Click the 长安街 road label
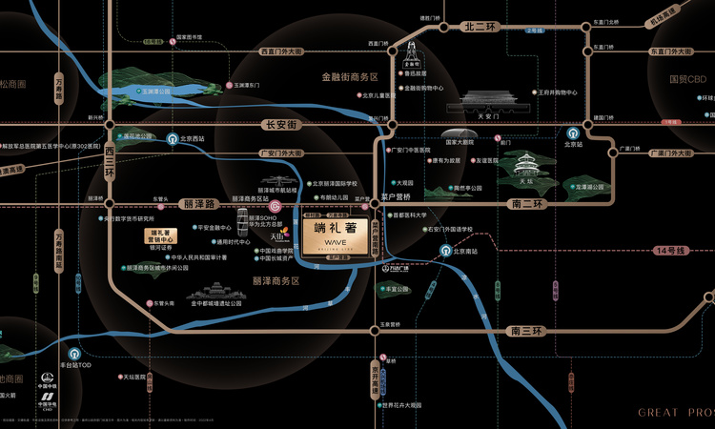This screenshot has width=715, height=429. click(x=280, y=125)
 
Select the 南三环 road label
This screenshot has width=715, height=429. click(x=525, y=331)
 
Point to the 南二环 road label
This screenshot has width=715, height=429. click(x=525, y=204)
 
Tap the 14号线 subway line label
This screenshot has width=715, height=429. click(x=671, y=250)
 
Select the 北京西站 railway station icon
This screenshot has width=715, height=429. click(x=173, y=137)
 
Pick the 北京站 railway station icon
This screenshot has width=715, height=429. click(x=573, y=134)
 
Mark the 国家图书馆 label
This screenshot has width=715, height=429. click(x=189, y=37)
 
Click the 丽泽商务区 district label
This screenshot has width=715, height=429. click(x=276, y=281)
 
